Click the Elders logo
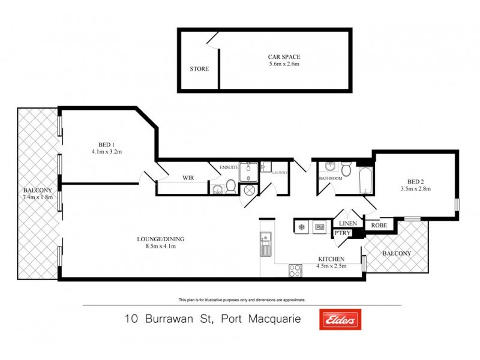pyautogui.click(x=340, y=320)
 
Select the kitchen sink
pyautogui.click(x=265, y=245)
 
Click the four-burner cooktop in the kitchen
pyautogui.click(x=296, y=271)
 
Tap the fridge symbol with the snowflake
pyautogui.click(x=301, y=227)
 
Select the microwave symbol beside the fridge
pyautogui.click(x=320, y=227)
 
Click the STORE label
pyautogui.click(x=199, y=69)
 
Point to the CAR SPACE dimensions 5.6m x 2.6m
pyautogui.click(x=284, y=64)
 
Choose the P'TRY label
pyautogui.click(x=343, y=232)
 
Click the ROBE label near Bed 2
pyautogui.click(x=379, y=226)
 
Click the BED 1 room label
pyautogui.click(x=106, y=144)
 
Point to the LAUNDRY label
pyautogui.click(x=280, y=173)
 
